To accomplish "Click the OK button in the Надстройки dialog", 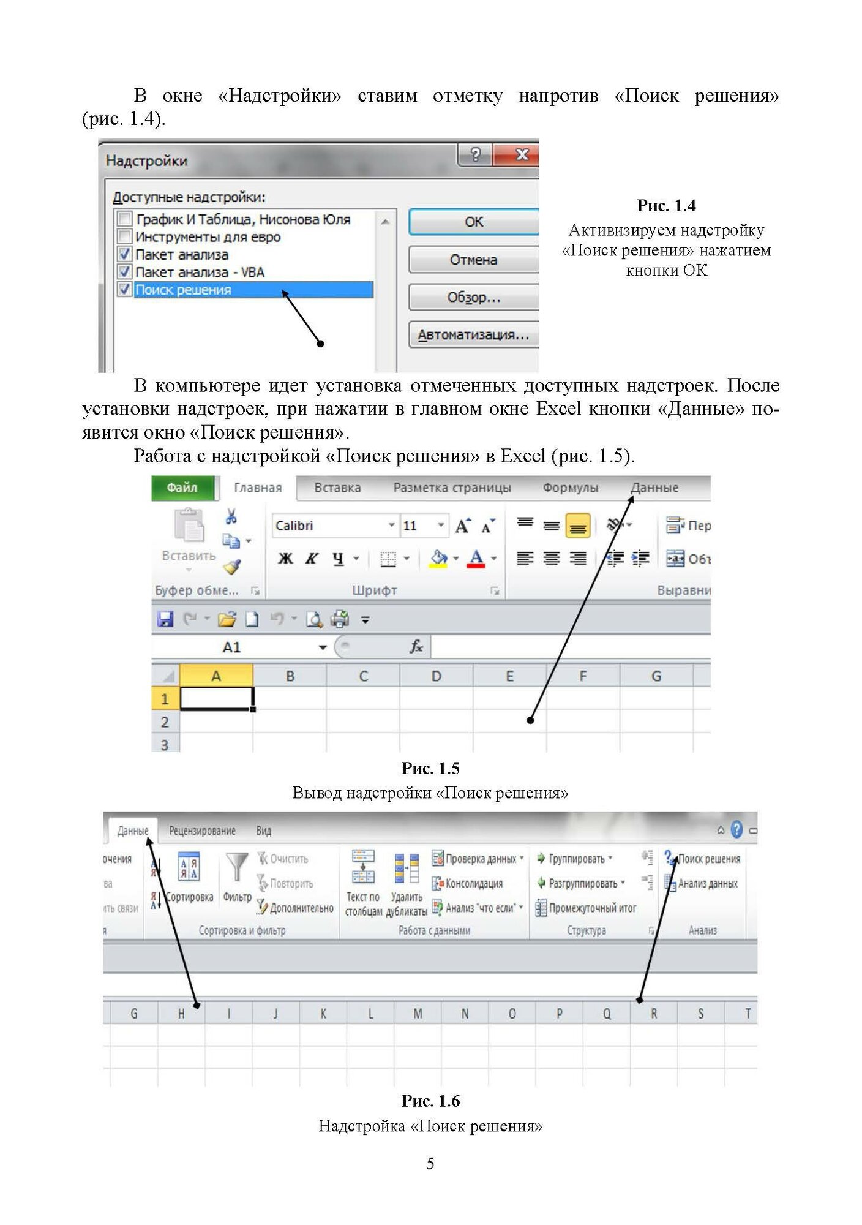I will tap(473, 222).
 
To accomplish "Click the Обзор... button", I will tap(473, 298).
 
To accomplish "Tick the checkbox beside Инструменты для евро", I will tap(125, 236).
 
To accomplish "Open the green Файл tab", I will tap(182, 488).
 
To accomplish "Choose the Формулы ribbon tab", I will tap(570, 488).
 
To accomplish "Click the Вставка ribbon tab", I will tap(337, 488).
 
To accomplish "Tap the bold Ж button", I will tap(285, 558).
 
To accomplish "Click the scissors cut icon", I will tap(231, 516).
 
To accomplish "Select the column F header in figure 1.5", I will tap(582, 676).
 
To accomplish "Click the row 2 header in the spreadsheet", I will tap(165, 722).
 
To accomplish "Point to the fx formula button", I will tap(416, 647).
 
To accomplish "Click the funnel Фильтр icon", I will tap(237, 867).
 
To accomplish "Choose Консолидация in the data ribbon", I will tap(474, 883).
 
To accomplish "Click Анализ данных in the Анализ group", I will tap(707, 883).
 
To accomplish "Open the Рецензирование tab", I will tap(202, 831).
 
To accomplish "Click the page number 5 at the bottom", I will tap(430, 1163).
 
